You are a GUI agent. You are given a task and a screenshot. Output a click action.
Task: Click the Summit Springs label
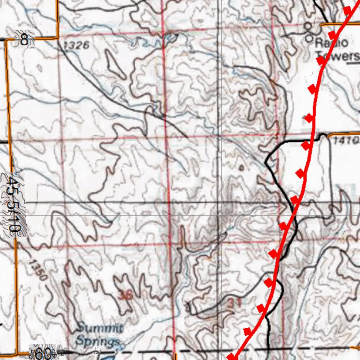[99, 335]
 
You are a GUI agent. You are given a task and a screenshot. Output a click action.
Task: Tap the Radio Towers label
[336, 49]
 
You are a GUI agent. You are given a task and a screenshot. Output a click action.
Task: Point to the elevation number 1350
[38, 270]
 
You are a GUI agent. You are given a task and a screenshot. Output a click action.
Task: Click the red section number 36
[126, 296]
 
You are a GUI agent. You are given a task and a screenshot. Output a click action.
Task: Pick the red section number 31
[234, 303]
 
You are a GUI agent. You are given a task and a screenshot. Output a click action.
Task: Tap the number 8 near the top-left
[24, 40]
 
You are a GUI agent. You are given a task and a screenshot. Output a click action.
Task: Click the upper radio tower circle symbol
[308, 26]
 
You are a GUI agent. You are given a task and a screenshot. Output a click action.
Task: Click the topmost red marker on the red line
[347, 10]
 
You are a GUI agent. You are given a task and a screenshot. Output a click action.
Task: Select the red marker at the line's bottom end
[232, 357]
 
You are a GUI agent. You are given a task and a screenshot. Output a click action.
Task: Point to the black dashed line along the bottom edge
[211, 351]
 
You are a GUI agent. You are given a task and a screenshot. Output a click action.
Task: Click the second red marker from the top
[332, 34]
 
